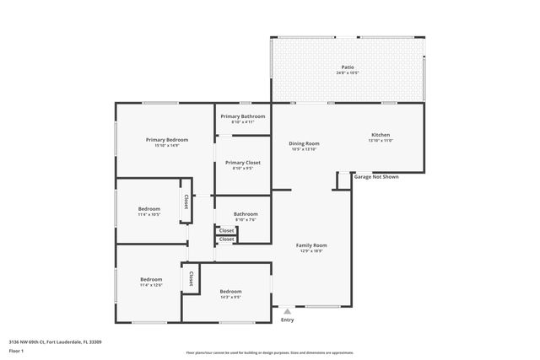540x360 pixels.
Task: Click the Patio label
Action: coord(348,67)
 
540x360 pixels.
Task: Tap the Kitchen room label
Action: coord(381,135)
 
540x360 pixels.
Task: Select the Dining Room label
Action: coord(304,143)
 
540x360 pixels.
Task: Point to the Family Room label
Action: coord(311,245)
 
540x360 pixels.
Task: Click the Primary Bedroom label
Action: coord(166,139)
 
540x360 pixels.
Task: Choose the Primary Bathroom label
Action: coord(243,116)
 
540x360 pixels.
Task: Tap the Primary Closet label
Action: coord(243,162)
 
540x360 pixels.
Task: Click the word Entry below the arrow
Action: coord(288,320)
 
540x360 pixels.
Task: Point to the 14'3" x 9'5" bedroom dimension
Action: coord(230,297)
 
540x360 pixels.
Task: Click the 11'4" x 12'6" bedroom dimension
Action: coord(151,285)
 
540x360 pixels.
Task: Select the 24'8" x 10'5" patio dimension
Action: coord(347,73)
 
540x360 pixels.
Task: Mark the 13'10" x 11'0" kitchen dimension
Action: coord(381,141)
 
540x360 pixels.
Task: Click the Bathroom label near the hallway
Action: coord(246,214)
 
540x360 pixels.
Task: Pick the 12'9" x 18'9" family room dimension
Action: coord(311,251)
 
